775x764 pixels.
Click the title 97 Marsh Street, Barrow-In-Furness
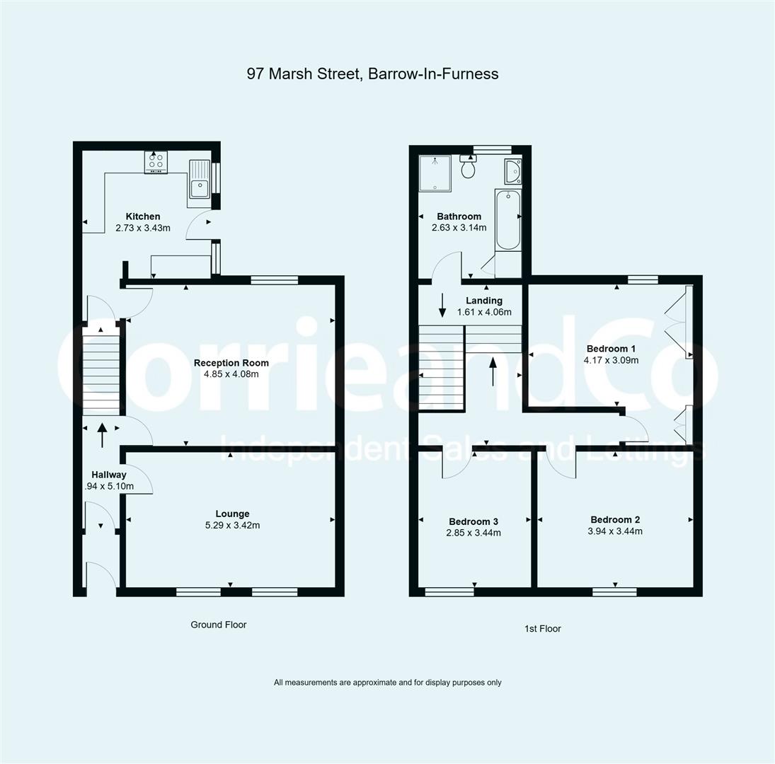pos(372,74)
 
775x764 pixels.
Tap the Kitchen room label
pos(143,216)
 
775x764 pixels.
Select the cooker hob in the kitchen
pos(156,163)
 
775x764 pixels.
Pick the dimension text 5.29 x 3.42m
pos(233,526)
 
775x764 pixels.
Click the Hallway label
pos(108,475)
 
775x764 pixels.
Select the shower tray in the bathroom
pos(433,174)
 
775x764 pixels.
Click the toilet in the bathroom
pos(468,168)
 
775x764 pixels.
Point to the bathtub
pos(507,219)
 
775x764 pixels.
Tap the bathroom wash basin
pos(513,171)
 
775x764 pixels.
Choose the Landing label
pos(484,301)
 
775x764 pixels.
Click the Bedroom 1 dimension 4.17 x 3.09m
pos(611,360)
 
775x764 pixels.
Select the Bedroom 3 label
pos(473,521)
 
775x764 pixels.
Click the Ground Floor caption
pos(219,625)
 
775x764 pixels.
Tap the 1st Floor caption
pos(542,628)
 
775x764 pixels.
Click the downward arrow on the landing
pos(442,305)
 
